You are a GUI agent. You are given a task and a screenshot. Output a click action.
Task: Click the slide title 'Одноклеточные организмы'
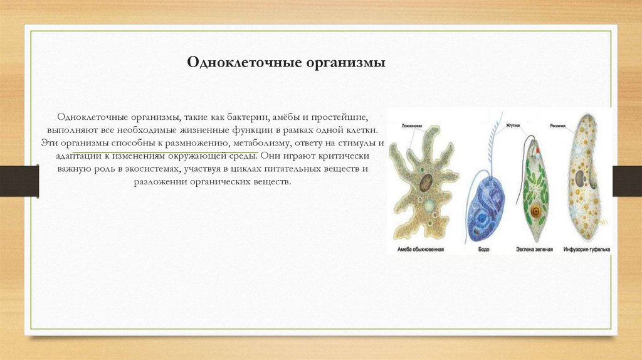click(287, 63)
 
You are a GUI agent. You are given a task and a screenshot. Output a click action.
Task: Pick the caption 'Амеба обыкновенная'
click(421, 249)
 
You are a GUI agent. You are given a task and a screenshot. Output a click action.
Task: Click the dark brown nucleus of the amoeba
click(425, 183)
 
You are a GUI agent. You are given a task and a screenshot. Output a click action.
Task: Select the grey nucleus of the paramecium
click(581, 178)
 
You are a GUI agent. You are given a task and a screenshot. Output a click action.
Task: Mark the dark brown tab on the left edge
click(19, 181)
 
